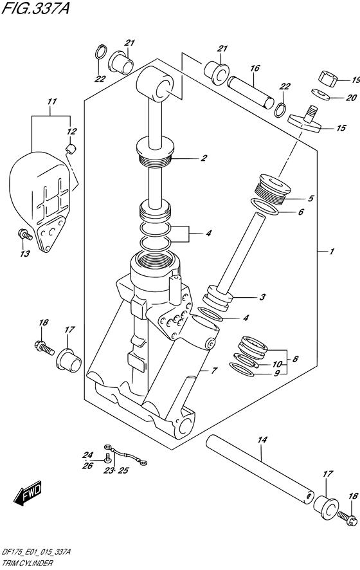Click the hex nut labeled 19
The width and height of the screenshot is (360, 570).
(328, 79)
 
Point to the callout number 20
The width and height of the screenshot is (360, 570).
(351, 98)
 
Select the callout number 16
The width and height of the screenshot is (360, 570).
(255, 68)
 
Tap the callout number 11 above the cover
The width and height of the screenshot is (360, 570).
(51, 102)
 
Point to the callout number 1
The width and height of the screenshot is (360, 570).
(331, 251)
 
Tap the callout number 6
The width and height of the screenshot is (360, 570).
(301, 211)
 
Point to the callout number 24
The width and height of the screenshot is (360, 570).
(89, 454)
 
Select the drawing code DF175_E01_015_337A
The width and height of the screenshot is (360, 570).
(36, 553)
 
